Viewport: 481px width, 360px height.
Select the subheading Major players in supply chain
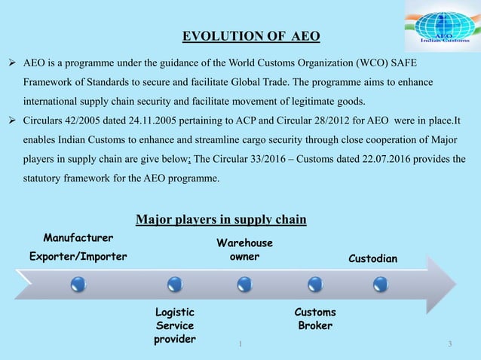[x=220, y=220]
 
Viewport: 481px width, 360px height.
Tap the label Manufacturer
[x=78, y=237]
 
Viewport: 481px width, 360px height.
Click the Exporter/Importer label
[x=78, y=257]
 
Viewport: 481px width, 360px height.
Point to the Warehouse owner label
[x=245, y=250]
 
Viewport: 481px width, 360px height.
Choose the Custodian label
[x=373, y=259]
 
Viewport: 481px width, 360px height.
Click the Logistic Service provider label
[x=174, y=325]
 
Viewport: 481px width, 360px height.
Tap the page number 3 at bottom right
[x=449, y=345]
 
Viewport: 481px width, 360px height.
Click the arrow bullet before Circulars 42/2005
[x=14, y=120]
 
